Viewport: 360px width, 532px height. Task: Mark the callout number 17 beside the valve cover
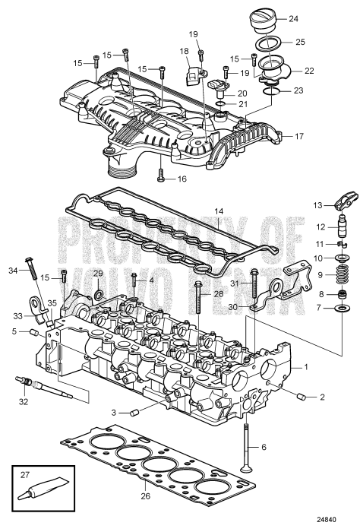[x=299, y=137]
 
